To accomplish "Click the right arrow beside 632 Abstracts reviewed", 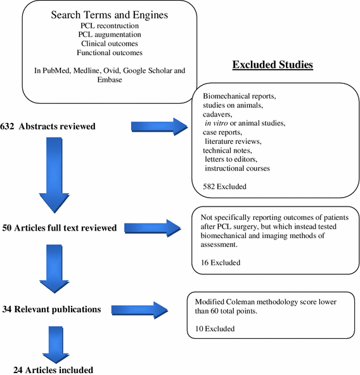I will (x=159, y=127).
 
